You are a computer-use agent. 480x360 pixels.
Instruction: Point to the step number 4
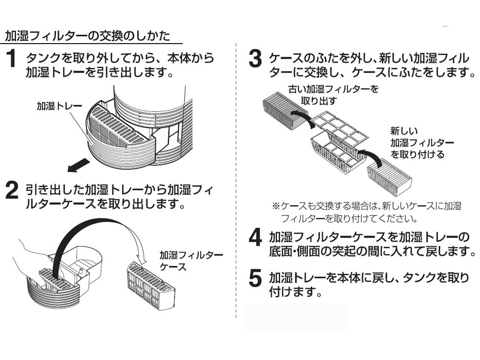coord(255,239)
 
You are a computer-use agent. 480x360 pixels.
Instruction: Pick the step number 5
coord(255,278)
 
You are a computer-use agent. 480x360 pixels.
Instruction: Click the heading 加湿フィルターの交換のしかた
coord(88,36)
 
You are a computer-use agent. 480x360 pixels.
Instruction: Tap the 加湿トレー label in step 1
coord(56,106)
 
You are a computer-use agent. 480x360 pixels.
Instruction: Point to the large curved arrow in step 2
coord(98,230)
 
